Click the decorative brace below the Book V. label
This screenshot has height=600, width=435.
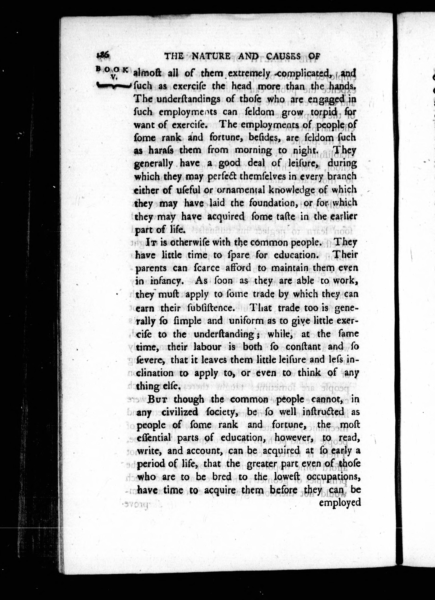113,85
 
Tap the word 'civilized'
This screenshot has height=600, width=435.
180,412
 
